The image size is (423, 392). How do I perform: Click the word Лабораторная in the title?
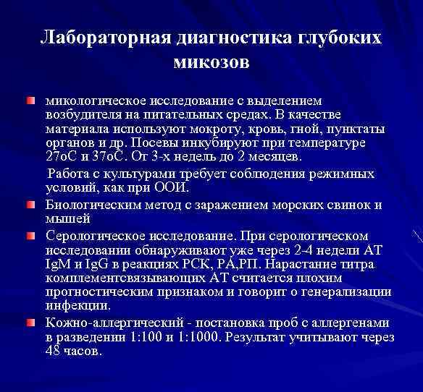coord(101,38)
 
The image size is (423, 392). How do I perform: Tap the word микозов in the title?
coord(211,64)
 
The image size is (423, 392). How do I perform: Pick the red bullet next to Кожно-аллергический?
coord(30,322)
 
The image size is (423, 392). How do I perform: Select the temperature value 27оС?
coord(61,157)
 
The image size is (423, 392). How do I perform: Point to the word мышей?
coord(67,218)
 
